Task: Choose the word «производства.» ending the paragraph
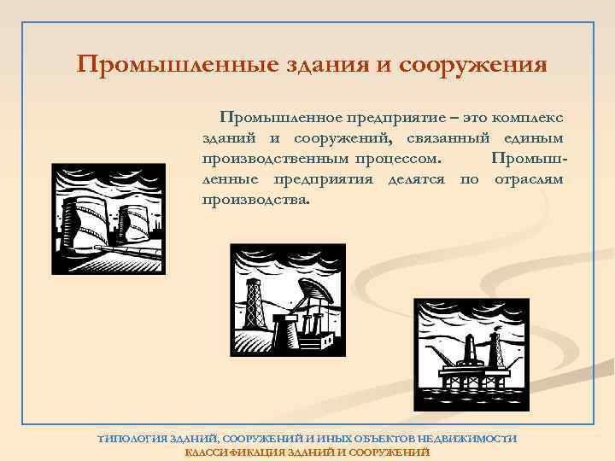point(257,201)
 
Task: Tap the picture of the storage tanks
point(103,218)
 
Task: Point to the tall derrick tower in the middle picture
point(254,299)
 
